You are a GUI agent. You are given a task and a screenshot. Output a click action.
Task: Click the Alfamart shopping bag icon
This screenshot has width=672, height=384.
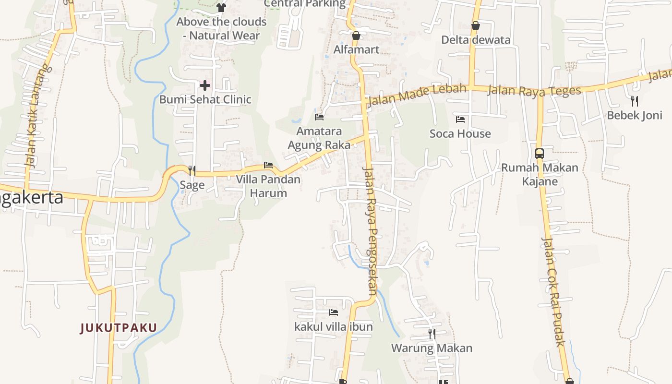(356, 36)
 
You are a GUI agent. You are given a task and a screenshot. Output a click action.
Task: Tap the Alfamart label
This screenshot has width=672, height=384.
(357, 49)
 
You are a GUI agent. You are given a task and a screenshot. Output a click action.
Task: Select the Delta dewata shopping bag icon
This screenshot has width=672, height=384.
(476, 25)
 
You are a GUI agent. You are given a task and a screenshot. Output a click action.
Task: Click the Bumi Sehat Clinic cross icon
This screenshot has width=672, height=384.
(205, 86)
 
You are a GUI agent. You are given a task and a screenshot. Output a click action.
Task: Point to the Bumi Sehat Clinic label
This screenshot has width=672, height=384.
(205, 99)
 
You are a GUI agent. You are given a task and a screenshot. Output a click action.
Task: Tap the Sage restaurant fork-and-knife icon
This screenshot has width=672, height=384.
(192, 170)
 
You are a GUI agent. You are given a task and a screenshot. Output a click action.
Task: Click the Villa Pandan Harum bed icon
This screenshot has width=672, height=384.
(268, 165)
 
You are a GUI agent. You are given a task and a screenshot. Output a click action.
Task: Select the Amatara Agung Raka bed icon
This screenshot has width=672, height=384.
(319, 117)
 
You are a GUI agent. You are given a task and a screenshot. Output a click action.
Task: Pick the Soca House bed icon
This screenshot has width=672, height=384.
(460, 119)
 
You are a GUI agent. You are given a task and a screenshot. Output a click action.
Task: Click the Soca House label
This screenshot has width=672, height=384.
(460, 133)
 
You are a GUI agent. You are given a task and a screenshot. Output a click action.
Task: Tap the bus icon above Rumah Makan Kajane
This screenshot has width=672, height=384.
(540, 154)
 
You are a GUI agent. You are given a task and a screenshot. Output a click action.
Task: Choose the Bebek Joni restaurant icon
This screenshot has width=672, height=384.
(634, 101)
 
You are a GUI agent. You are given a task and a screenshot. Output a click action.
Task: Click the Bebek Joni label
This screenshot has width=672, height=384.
(634, 115)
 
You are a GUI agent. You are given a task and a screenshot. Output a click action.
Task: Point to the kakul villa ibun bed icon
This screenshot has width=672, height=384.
(334, 312)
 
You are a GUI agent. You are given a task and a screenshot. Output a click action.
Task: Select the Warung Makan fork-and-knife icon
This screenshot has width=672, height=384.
(432, 334)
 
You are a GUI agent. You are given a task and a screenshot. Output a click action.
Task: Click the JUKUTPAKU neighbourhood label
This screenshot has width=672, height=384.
(119, 328)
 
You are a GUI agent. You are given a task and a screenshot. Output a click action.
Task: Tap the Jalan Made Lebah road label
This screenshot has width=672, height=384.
(417, 95)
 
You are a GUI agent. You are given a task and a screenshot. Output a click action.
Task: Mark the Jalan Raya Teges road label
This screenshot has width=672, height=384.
(534, 90)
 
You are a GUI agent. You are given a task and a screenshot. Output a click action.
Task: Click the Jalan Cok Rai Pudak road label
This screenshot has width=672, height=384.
(553, 291)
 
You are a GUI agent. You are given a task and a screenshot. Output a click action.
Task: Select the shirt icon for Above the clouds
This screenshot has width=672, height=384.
(221, 7)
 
